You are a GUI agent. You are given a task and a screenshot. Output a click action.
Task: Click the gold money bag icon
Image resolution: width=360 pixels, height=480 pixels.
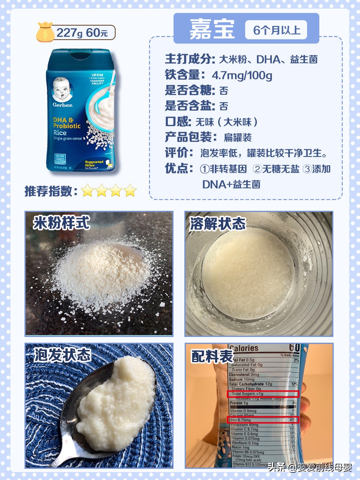[45, 32]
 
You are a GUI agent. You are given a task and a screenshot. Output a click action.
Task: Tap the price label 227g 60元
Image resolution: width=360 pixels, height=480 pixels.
[82, 33]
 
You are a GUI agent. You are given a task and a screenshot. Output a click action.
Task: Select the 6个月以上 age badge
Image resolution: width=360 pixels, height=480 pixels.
[276, 30]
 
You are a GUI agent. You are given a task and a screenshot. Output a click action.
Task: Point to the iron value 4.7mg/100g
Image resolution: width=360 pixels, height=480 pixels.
[242, 75]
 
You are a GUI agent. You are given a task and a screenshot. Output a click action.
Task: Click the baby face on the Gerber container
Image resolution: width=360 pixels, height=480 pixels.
[62, 89]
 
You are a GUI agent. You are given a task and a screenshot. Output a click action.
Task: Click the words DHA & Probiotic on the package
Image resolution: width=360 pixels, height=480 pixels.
[67, 123]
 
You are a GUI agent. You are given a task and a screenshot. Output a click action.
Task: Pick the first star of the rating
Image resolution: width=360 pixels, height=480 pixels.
[87, 191]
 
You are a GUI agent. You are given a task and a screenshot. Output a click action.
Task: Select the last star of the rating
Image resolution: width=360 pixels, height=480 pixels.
[130, 191]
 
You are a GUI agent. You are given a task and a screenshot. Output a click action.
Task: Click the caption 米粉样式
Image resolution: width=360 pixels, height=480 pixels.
[61, 223]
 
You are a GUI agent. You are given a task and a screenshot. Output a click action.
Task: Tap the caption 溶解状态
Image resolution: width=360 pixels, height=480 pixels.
[217, 224]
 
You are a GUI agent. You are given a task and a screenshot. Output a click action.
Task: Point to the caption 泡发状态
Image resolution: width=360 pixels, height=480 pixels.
[62, 355]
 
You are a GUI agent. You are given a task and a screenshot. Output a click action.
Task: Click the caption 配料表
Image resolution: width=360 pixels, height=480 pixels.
[212, 356]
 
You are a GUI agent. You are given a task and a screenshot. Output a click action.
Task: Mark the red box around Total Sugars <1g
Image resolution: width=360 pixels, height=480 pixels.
[263, 394]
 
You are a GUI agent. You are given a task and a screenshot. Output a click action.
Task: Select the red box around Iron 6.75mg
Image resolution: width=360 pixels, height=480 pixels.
[263, 420]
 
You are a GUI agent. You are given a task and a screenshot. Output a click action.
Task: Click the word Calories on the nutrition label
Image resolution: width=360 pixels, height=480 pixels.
[244, 348]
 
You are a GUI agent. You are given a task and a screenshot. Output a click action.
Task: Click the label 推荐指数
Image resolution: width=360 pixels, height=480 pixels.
[51, 191]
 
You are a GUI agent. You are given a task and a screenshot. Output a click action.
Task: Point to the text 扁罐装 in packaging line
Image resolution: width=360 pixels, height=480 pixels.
[238, 138]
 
